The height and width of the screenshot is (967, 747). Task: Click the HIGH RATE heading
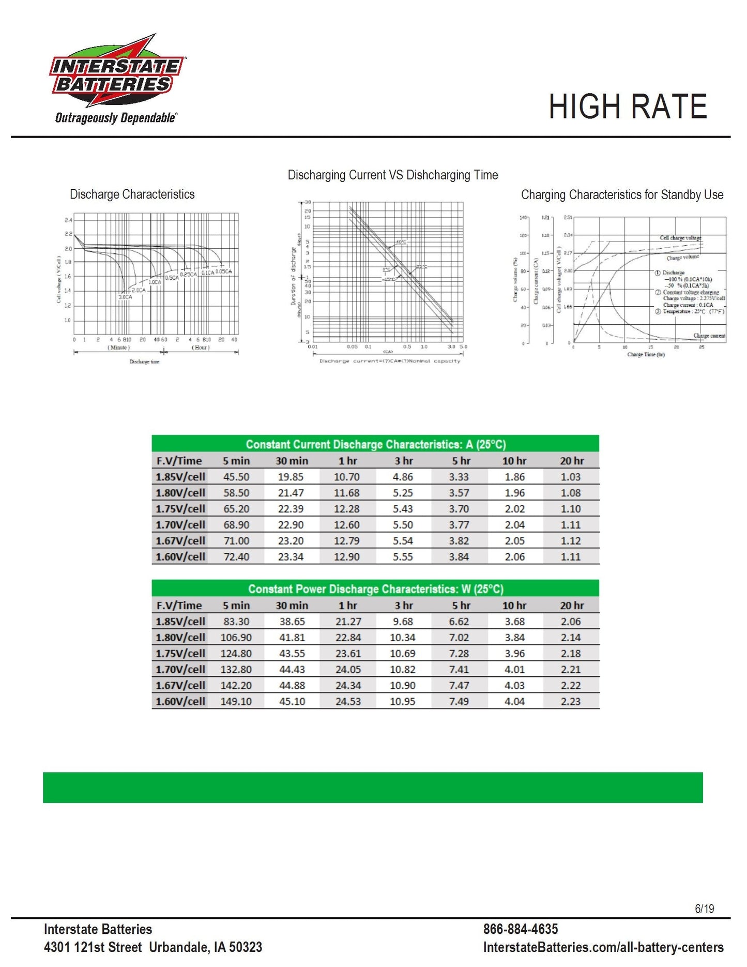click(x=627, y=107)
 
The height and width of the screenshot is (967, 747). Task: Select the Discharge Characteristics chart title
click(x=132, y=194)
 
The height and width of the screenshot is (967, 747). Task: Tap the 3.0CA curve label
click(x=125, y=297)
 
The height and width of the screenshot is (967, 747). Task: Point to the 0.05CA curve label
click(x=224, y=271)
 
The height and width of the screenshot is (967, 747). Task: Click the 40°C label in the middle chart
click(x=401, y=242)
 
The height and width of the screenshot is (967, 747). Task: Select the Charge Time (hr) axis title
click(x=646, y=355)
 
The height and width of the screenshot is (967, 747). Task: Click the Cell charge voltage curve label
click(x=680, y=238)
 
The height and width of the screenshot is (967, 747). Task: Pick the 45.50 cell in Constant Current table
click(x=236, y=477)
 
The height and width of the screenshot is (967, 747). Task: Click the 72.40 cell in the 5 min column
click(x=236, y=557)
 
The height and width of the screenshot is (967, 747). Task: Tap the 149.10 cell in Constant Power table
click(x=236, y=702)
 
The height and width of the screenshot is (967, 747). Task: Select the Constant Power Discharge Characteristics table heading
click(x=376, y=589)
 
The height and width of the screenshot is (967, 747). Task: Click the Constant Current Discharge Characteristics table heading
click(x=376, y=445)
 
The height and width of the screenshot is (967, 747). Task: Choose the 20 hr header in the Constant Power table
click(x=572, y=606)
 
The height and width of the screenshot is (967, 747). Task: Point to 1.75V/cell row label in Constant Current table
click(x=180, y=509)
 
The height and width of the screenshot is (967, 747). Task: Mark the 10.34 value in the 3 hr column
click(x=403, y=638)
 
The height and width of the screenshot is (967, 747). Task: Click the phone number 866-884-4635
click(x=521, y=929)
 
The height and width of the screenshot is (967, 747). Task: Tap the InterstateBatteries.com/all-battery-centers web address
click(x=603, y=947)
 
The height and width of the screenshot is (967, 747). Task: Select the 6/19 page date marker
click(x=704, y=909)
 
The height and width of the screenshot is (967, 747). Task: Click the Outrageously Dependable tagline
click(x=116, y=118)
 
